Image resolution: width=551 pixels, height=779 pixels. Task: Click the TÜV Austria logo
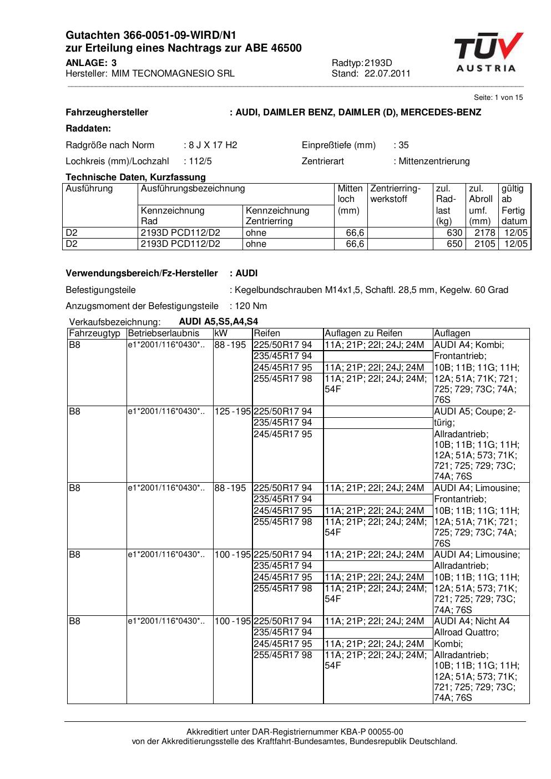(488, 53)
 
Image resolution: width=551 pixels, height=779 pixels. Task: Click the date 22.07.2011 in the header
(387, 73)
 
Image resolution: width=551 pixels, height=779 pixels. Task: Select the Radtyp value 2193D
(378, 63)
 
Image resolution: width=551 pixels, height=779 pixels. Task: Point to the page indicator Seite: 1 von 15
(498, 98)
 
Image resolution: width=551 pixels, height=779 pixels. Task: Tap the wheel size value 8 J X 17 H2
(213, 145)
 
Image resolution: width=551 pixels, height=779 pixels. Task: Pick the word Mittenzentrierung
(434, 161)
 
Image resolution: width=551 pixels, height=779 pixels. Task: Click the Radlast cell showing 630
(454, 233)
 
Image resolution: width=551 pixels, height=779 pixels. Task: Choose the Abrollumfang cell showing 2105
(484, 244)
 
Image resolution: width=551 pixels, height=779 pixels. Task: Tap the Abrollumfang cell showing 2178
(484, 233)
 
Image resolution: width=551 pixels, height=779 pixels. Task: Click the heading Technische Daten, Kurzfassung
(135, 178)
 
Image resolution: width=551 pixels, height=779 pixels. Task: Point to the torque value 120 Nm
(251, 306)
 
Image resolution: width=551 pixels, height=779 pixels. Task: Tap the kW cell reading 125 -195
(232, 412)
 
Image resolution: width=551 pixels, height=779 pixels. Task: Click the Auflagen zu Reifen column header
(363, 333)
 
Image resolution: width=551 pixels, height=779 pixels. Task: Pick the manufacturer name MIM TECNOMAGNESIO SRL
(173, 73)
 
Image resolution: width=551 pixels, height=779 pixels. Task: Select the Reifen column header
(267, 333)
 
